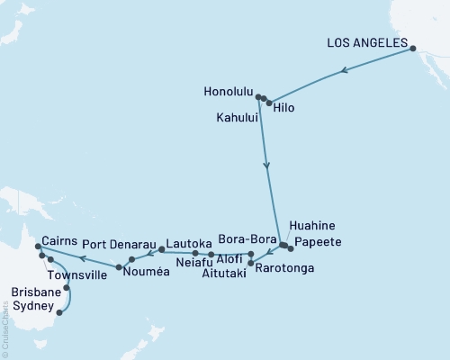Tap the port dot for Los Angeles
[413, 49]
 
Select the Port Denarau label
[115, 244]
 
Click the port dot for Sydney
[59, 313]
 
